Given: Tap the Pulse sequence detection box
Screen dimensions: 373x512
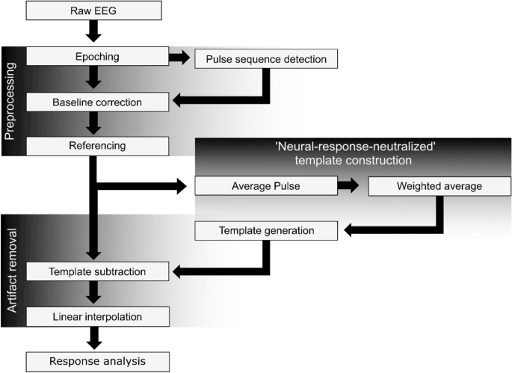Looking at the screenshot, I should pos(265,58).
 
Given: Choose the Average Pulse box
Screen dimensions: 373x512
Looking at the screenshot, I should pos(265,185).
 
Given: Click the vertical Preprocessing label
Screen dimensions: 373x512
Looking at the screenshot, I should pos(10,99).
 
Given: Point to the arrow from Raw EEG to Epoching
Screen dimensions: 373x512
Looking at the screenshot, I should pos(93,31).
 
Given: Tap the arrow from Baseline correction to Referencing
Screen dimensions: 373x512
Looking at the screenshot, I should pos(93,123).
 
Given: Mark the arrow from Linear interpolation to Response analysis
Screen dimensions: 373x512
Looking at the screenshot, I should pos(93,339).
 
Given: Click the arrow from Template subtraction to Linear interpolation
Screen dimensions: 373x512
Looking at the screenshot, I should pos(93,294).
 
